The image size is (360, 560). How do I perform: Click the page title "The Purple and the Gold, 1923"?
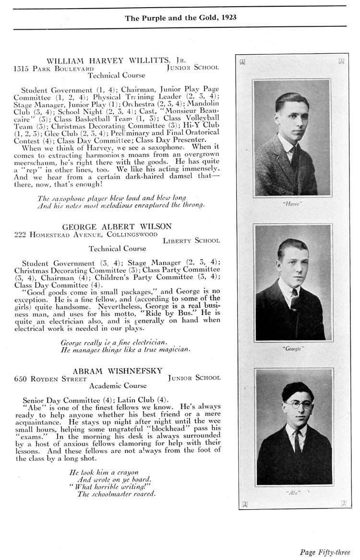click(180, 18)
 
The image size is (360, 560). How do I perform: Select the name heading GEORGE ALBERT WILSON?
click(117, 226)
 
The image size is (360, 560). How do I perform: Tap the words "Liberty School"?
click(191, 241)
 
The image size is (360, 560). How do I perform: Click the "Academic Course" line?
click(118, 386)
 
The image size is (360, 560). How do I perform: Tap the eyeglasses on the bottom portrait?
click(297, 404)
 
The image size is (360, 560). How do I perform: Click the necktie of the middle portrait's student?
click(294, 300)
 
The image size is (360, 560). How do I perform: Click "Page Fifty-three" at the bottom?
click(325, 552)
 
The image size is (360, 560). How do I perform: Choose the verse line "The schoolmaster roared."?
click(117, 494)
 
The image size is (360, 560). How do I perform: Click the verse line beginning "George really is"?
click(114, 342)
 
